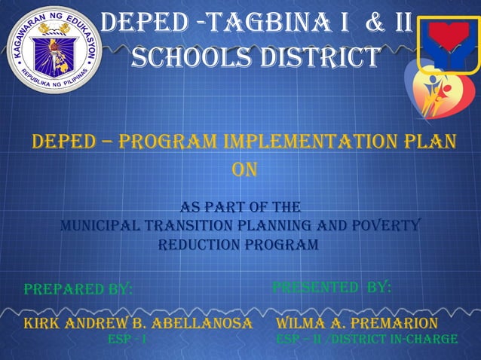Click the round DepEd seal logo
pyautogui.click(x=51, y=50)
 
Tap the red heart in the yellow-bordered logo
pyautogui.click(x=450, y=38)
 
